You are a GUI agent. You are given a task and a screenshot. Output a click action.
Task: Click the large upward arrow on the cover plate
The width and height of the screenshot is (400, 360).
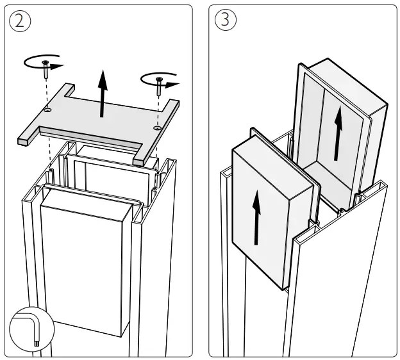pos(101,95)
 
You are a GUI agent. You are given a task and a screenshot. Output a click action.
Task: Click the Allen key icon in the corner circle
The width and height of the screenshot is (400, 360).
pos(31,332)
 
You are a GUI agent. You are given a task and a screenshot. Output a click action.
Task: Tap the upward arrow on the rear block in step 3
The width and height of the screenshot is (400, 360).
pos(336,135)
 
